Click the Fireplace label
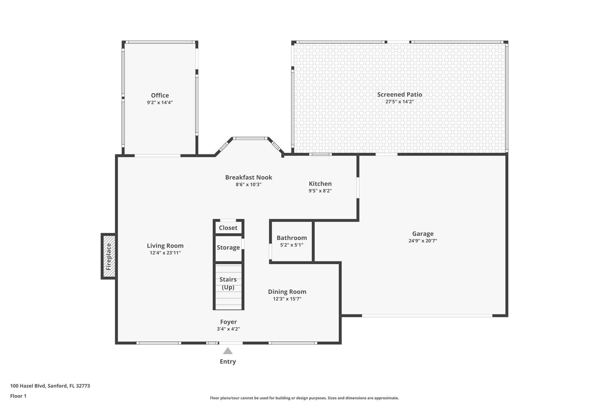(109, 256)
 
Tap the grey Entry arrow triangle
(228, 351)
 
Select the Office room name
(160, 95)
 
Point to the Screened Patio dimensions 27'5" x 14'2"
(400, 102)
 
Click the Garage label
(423, 234)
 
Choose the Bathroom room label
(291, 238)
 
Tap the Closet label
(228, 228)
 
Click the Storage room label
(228, 247)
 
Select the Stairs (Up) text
(228, 283)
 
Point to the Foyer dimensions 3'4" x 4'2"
(228, 329)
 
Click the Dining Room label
(287, 292)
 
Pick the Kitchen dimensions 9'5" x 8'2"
(320, 191)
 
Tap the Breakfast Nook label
(249, 177)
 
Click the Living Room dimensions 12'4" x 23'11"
(165, 253)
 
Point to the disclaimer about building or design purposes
(304, 398)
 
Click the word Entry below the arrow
(228, 362)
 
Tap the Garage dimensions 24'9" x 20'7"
(423, 241)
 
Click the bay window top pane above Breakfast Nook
(250, 138)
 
